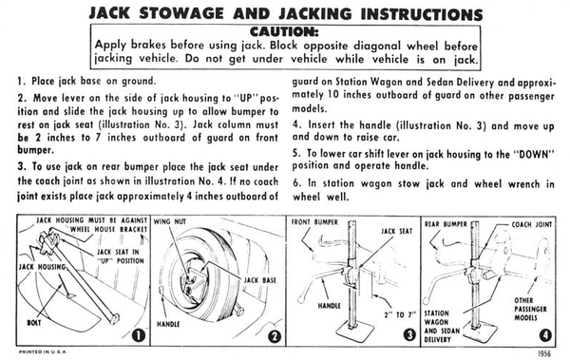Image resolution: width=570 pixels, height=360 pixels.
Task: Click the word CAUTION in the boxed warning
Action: [284, 31]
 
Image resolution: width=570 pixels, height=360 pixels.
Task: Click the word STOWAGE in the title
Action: [182, 14]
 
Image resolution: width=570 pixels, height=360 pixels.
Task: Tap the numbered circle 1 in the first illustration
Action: [138, 335]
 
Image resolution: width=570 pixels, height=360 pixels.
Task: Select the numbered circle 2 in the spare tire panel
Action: [275, 336]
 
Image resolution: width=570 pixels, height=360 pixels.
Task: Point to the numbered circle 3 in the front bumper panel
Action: [410, 335]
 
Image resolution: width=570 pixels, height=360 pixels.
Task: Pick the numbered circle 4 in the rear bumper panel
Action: [545, 335]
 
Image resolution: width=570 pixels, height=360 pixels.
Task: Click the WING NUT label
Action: [170, 221]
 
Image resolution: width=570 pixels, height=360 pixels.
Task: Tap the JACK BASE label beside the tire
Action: [260, 280]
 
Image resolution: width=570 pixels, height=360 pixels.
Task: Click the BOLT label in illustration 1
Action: [34, 323]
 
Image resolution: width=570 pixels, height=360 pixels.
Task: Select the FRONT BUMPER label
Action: [314, 222]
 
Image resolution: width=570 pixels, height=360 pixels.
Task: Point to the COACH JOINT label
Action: [532, 225]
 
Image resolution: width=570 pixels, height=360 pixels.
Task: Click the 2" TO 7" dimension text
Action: [400, 314]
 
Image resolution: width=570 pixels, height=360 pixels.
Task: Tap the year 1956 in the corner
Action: [543, 353]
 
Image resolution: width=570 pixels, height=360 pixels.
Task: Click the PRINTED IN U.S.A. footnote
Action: [43, 352]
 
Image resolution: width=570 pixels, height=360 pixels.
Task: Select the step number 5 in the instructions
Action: [295, 154]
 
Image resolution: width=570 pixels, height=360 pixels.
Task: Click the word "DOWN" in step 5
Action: [534, 154]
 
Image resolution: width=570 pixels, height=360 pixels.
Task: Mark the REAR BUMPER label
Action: [446, 224]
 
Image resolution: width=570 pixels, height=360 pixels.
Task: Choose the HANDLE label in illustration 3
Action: [330, 306]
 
